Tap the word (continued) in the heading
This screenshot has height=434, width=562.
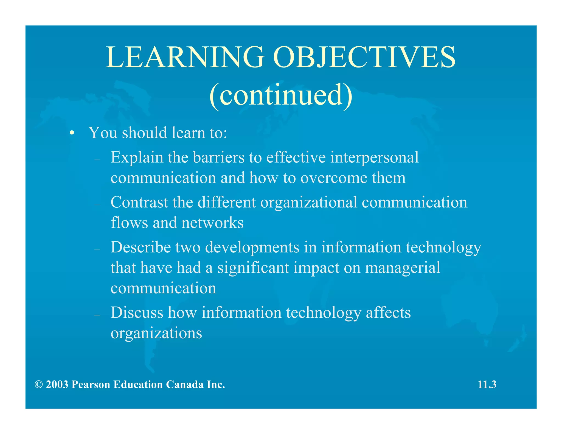point(281,95)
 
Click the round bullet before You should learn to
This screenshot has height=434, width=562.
point(72,133)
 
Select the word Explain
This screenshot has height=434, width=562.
point(137,158)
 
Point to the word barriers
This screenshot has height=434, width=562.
point(218,158)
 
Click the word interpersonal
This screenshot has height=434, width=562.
point(374,158)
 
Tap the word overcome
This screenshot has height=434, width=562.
point(334,178)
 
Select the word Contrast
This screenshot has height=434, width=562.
point(139,202)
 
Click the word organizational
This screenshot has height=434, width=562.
point(309,203)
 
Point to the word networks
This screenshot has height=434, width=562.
point(212,223)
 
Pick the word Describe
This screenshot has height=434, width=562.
point(141,247)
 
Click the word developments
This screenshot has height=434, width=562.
point(252,248)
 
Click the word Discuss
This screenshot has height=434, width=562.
point(137,313)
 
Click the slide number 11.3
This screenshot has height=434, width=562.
point(487,385)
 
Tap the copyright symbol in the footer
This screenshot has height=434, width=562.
point(39,385)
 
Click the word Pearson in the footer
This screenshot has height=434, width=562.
point(91,385)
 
